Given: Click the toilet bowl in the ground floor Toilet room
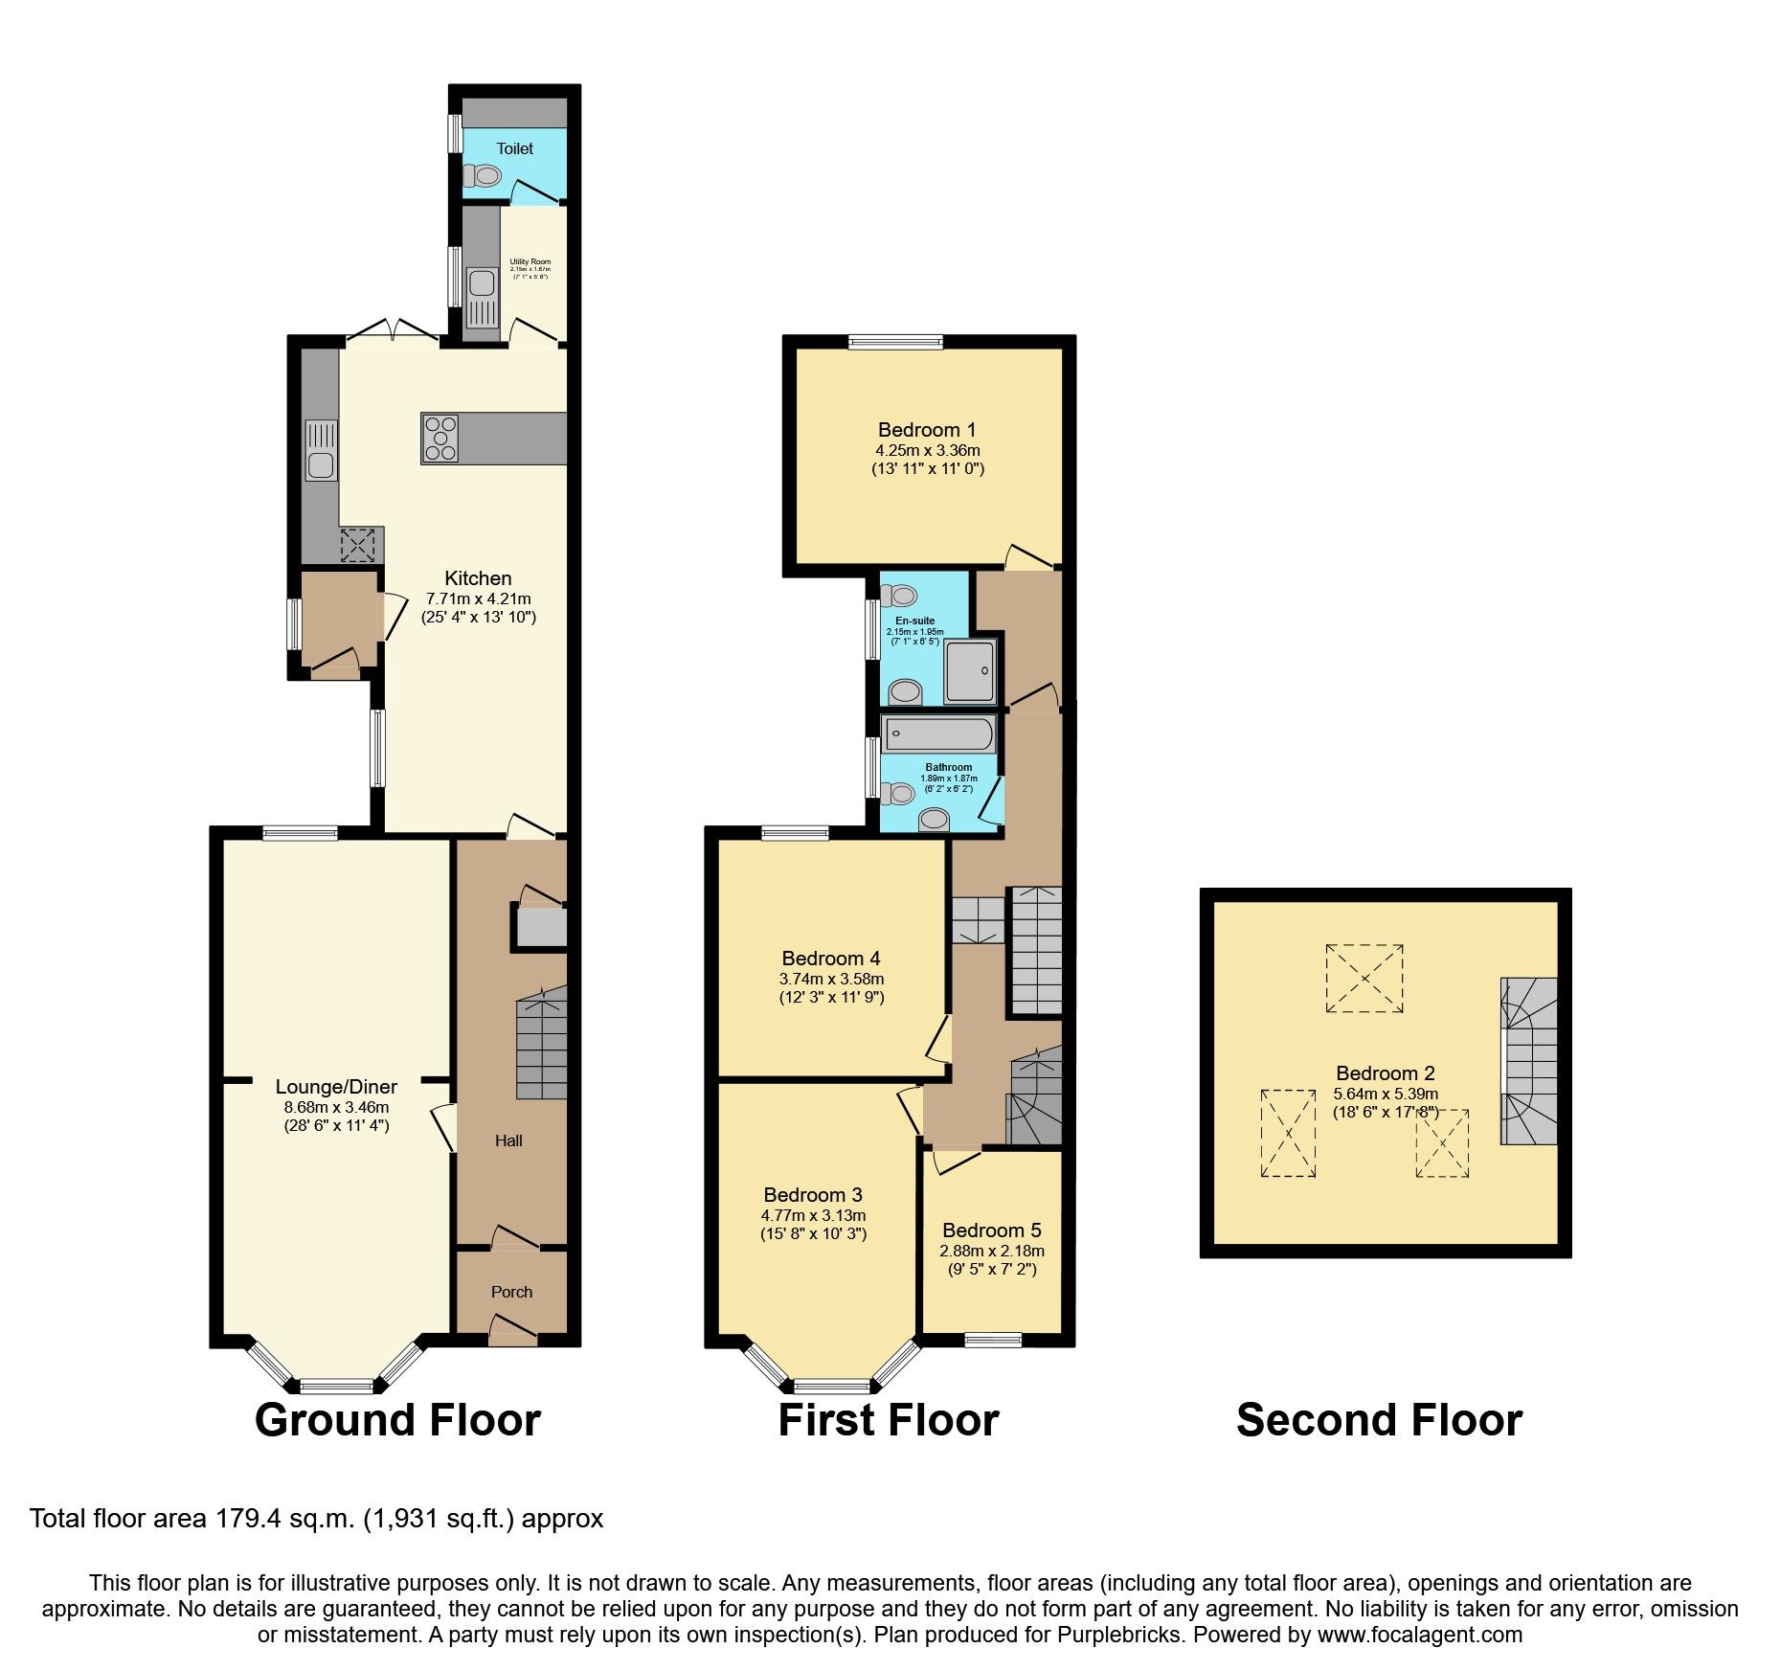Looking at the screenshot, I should (x=484, y=176).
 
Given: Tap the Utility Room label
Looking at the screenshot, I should (x=530, y=261).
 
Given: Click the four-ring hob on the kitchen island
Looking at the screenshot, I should (x=440, y=439).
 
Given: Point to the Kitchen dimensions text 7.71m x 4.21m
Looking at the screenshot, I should (x=478, y=598).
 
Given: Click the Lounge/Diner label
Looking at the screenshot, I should (x=336, y=1087).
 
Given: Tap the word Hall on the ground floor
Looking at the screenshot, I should (x=508, y=1140).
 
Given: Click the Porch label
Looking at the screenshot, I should (x=511, y=1292).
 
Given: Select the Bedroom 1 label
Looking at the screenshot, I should (x=927, y=430).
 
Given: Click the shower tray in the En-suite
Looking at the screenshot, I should (x=969, y=671).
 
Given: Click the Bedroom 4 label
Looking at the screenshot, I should (x=831, y=959).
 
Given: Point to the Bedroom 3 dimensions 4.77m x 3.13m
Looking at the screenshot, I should (x=813, y=1215).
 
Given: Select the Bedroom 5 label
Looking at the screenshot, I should (x=992, y=1231).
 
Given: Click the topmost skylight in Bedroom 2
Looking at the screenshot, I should (x=1364, y=978).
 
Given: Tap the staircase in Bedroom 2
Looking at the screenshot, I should (x=1529, y=1060).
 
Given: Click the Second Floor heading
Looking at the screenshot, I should (x=1379, y=1420).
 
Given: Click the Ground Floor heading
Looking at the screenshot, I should (x=397, y=1420).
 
